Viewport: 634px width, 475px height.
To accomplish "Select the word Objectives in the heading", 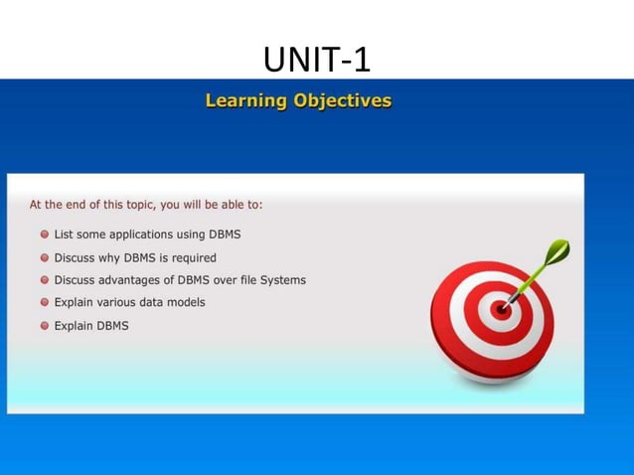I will tap(341, 101).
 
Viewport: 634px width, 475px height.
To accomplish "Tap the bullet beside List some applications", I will tap(45, 235).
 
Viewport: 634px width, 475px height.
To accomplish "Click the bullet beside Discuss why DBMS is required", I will tap(45, 257).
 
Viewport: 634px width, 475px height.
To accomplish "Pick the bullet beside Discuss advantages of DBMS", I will tap(45, 280).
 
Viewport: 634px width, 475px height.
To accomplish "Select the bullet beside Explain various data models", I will tap(45, 302).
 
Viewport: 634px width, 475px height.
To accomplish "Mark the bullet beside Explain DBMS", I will tap(45, 325).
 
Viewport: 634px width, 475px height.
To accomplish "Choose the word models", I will tap(185, 302).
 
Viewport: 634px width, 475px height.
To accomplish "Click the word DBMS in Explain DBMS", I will tap(112, 325).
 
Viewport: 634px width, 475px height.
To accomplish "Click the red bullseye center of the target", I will tap(502, 309).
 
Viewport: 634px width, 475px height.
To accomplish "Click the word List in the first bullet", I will tap(65, 235).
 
